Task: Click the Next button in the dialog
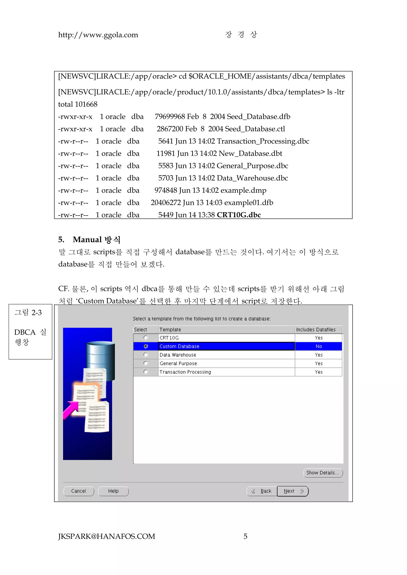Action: click(293, 491)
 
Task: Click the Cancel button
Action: click(78, 491)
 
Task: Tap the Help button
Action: click(113, 491)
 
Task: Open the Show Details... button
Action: click(323, 473)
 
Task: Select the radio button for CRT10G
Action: click(146, 337)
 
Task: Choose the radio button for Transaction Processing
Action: click(146, 372)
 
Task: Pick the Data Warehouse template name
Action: click(178, 355)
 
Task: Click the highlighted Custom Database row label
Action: click(179, 346)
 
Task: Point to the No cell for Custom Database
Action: click(319, 346)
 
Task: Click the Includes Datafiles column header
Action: click(316, 330)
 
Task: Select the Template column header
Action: click(170, 330)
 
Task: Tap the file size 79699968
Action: click(170, 117)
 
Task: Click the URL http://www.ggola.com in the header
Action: click(98, 35)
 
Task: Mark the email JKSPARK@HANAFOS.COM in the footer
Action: click(107, 537)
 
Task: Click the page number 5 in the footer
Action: click(245, 537)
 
